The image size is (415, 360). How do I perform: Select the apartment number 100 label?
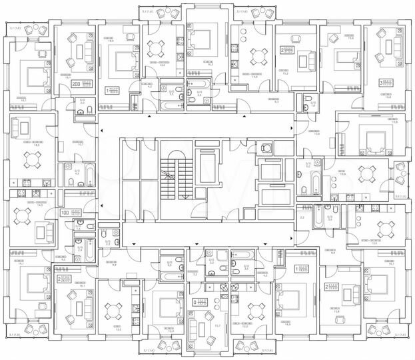coord(65,213)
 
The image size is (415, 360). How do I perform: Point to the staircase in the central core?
coord(175,177)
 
